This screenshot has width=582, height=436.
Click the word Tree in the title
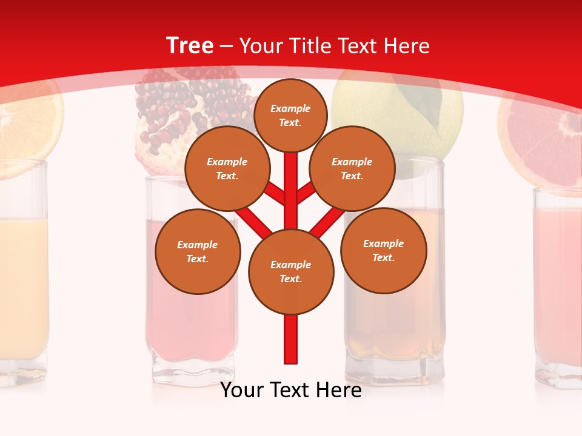pyautogui.click(x=190, y=45)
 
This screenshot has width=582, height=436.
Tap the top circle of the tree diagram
pyautogui.click(x=290, y=115)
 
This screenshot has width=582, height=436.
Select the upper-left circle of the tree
pyautogui.click(x=227, y=168)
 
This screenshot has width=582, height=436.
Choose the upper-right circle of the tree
pyautogui.click(x=352, y=168)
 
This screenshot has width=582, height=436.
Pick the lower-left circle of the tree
pyautogui.click(x=198, y=251)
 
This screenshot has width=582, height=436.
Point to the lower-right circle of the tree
pyautogui.click(x=383, y=250)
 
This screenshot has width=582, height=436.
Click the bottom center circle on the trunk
pyautogui.click(x=291, y=271)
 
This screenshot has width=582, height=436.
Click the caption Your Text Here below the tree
pyautogui.click(x=291, y=390)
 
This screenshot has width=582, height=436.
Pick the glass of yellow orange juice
pyautogui.click(x=23, y=272)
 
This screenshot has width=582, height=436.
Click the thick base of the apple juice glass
pyautogui.click(x=394, y=363)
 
